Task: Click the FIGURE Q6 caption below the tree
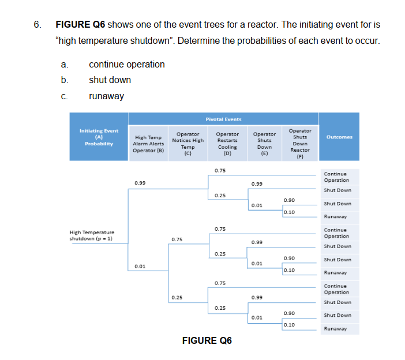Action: coord(207,340)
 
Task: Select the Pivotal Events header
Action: coord(223,119)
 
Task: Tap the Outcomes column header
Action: coord(339,137)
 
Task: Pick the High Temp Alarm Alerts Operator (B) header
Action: coord(148,144)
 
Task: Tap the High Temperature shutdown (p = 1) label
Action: coord(92,235)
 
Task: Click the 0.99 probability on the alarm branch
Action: coord(140,183)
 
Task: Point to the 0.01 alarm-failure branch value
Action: coord(140,266)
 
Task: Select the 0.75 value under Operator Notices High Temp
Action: coord(177,239)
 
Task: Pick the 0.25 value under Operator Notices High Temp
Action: coord(177,297)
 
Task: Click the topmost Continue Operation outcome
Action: coord(336,177)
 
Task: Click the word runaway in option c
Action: coord(106,96)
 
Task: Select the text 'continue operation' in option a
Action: coord(126,64)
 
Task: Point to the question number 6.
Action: coord(37,25)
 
